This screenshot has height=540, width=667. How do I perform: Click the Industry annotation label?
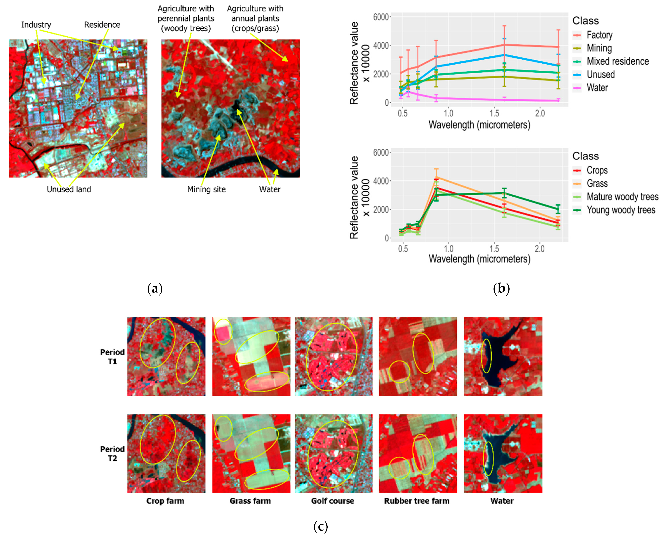coord(36,25)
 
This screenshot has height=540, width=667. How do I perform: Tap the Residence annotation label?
coord(102,25)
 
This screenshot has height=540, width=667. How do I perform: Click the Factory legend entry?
coord(599,35)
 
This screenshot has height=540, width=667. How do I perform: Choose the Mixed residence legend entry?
coord(618,61)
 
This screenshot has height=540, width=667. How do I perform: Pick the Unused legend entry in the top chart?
coord(600,74)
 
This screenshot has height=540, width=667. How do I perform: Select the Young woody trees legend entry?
coord(621,210)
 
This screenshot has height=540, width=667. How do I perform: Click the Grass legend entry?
coord(597,184)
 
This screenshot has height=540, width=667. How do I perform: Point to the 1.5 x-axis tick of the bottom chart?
coord(494,249)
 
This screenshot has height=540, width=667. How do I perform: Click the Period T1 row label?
coord(112,356)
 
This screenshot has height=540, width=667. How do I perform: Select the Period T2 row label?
coord(112,453)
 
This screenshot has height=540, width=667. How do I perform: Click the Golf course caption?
coord(332,501)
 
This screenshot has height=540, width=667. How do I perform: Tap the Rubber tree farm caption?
coord(417,501)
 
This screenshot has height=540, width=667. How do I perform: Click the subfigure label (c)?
coord(320,526)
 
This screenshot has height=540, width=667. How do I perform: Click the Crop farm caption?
coord(165,501)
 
